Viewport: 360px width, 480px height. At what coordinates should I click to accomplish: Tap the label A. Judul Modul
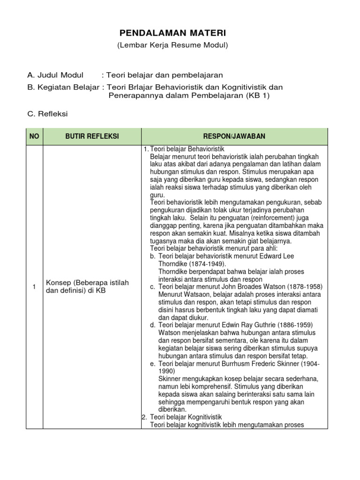click(55, 75)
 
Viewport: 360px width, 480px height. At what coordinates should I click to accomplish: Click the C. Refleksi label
click(48, 114)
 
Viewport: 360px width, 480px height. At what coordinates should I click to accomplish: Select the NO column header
click(34, 136)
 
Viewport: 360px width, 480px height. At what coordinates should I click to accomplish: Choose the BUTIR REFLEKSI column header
click(91, 136)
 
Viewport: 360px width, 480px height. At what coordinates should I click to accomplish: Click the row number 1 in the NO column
click(34, 286)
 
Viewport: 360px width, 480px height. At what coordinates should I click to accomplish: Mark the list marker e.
click(153, 363)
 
